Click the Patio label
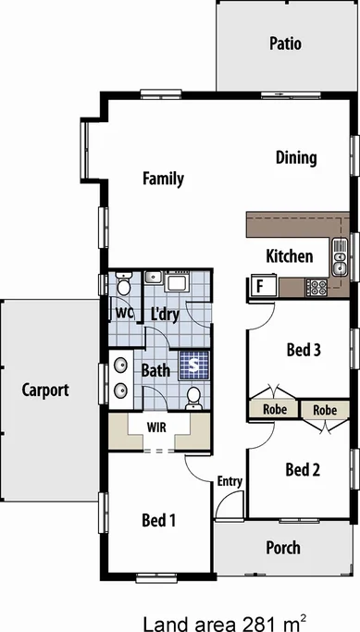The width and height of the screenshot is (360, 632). [x=285, y=43]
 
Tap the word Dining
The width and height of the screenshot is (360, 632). [x=296, y=157]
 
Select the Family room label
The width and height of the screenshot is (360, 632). [x=163, y=179]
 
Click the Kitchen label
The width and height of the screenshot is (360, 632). [x=289, y=256]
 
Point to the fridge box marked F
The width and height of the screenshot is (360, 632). [x=260, y=261]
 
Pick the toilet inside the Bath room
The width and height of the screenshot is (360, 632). [x=193, y=398]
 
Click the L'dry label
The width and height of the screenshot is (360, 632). [x=164, y=289]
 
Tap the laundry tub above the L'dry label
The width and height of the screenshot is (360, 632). [x=176, y=255]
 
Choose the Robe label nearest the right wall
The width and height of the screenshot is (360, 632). [x=324, y=409]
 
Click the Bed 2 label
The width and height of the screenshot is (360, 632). [x=303, y=470]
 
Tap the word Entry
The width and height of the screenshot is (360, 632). [x=230, y=481]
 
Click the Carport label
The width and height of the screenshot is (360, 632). [x=45, y=390]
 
